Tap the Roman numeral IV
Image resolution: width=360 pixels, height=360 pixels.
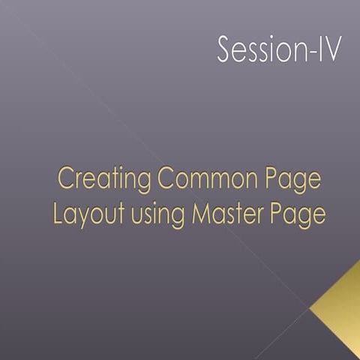click(326, 50)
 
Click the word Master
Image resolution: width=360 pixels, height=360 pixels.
click(230, 214)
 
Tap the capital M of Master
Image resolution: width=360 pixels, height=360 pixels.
click(201, 214)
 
